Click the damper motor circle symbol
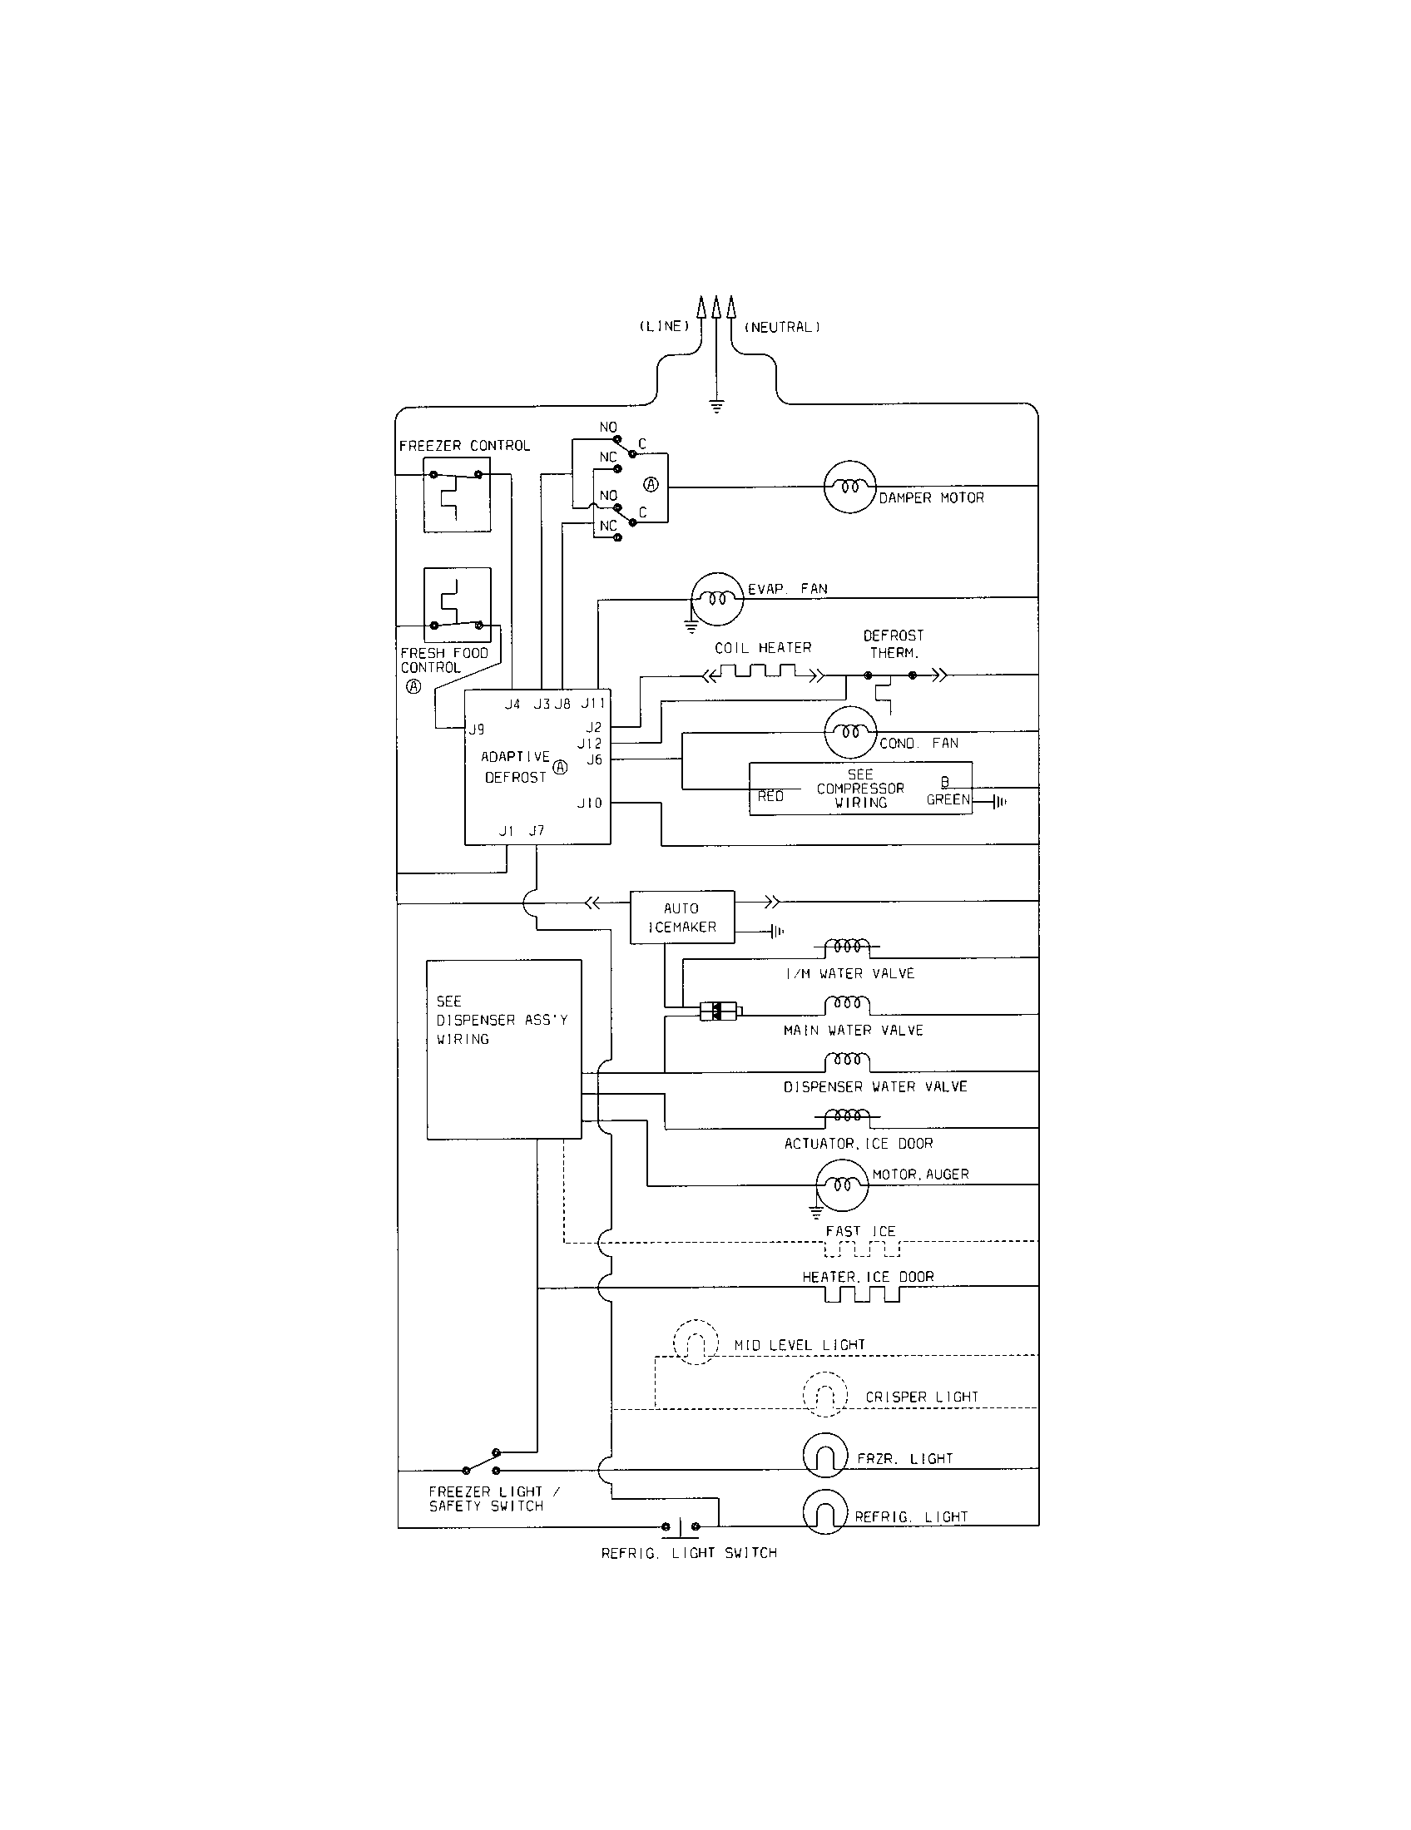849,487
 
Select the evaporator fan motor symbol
716,599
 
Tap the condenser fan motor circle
850,732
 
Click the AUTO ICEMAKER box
682,917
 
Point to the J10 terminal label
590,804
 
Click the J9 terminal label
476,730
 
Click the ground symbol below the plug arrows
716,408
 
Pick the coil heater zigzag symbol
763,672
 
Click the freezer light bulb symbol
825,1456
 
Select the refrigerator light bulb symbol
825,1513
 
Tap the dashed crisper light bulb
825,1394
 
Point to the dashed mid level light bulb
696,1343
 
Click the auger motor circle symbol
842,1185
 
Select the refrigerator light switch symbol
681,1526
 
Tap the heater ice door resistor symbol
862,1294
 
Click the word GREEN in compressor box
948,800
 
